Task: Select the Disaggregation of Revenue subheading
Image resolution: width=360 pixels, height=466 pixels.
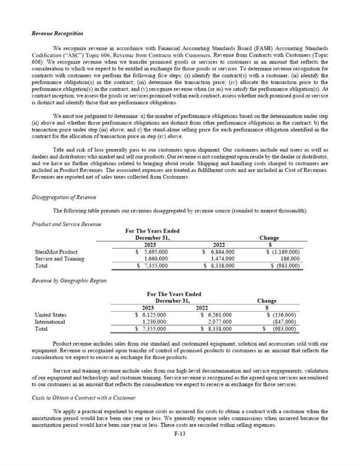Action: tap(64, 197)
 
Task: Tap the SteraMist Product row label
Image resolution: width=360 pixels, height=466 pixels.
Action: tap(56, 252)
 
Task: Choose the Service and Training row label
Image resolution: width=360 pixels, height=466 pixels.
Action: tap(59, 259)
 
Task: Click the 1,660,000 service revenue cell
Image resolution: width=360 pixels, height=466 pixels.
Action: tap(155, 259)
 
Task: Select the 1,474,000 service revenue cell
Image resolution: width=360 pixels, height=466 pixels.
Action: tap(220, 259)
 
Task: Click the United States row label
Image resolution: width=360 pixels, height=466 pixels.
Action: tap(50, 315)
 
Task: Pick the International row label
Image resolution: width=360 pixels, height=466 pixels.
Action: tap(50, 322)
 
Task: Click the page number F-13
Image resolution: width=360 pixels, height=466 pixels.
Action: tap(180, 434)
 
